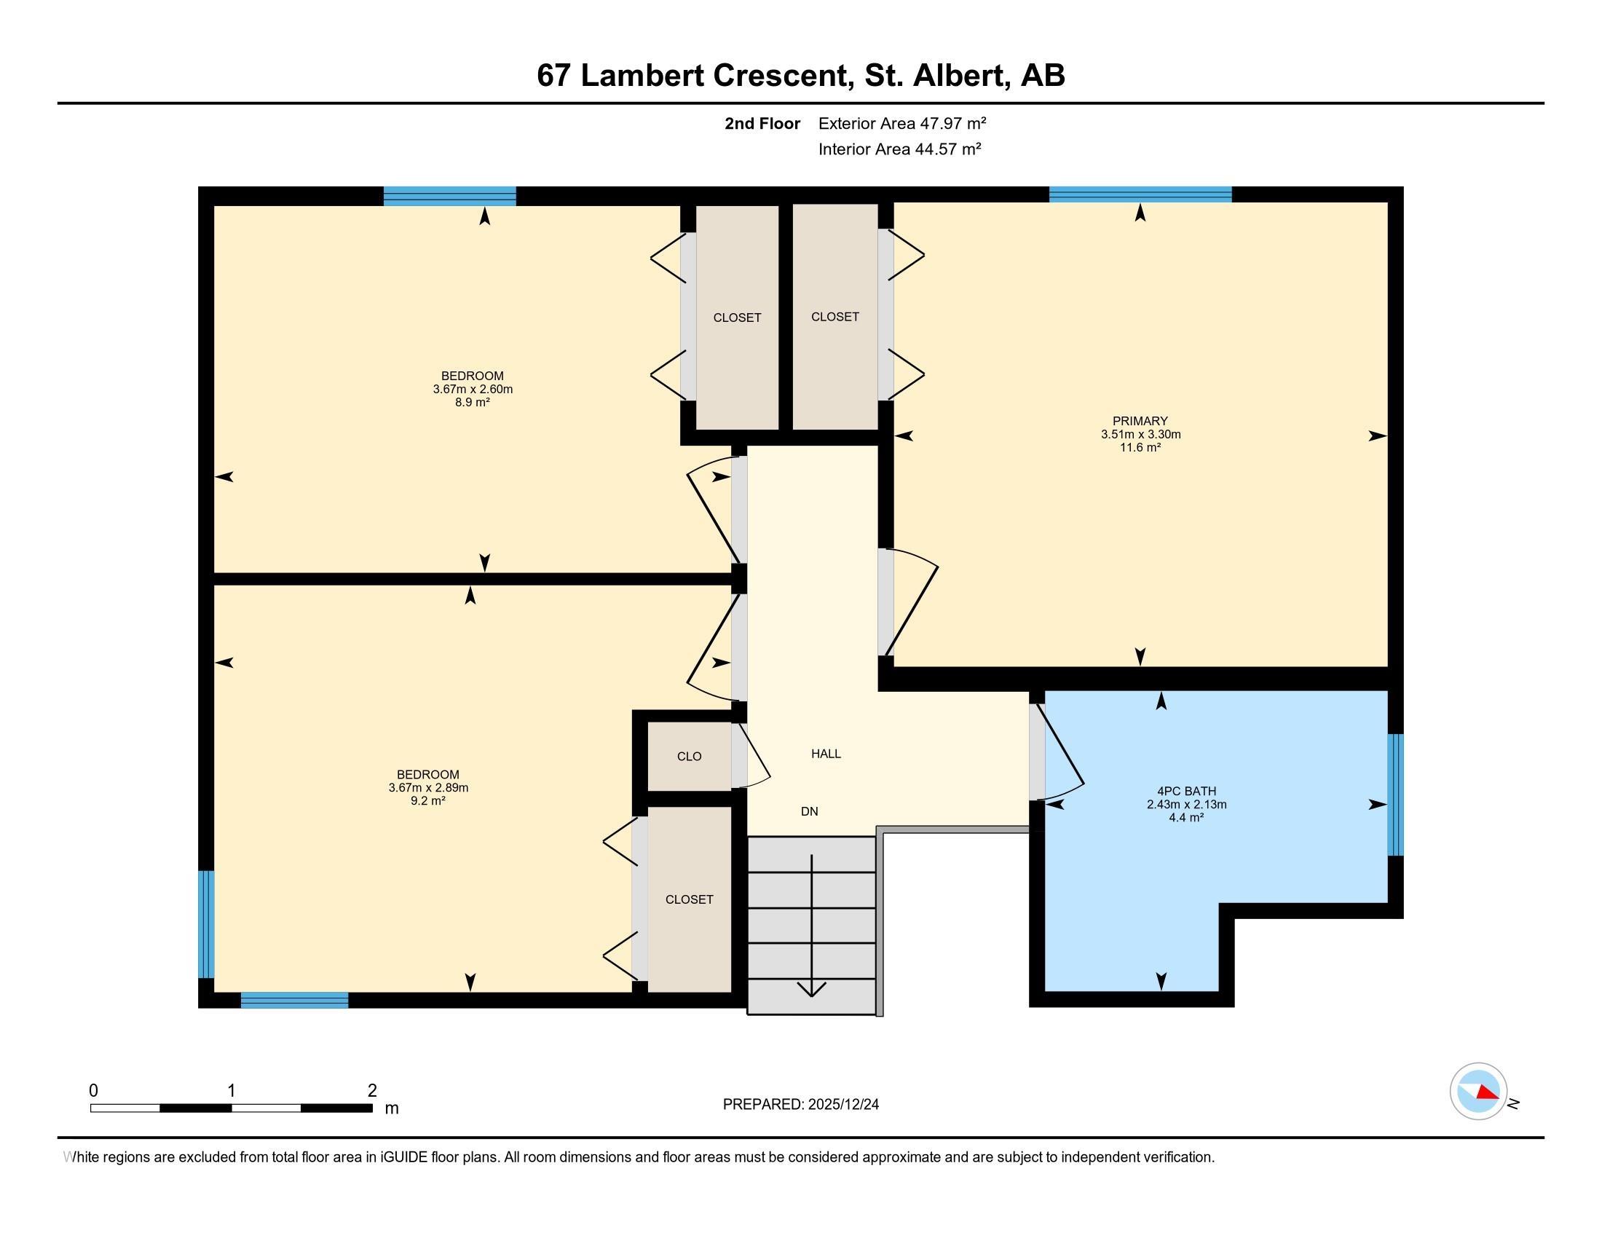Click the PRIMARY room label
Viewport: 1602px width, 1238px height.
[x=1140, y=421]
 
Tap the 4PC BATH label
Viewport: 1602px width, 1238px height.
[x=1186, y=792]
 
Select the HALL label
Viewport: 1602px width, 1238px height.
[x=826, y=753]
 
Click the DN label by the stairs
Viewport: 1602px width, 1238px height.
[x=809, y=811]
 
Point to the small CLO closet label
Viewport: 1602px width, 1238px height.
[x=690, y=756]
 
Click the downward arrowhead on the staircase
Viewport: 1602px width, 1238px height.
[x=811, y=990]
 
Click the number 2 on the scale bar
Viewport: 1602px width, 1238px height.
[x=373, y=1091]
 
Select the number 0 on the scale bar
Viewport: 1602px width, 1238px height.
[x=93, y=1091]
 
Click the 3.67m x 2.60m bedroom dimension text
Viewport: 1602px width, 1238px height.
[x=473, y=390]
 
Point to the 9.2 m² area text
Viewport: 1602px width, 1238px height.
[x=427, y=801]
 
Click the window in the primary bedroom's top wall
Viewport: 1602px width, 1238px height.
[x=1140, y=194]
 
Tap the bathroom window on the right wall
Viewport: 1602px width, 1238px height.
[x=1395, y=795]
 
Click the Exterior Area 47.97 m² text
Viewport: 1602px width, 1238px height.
[x=902, y=123]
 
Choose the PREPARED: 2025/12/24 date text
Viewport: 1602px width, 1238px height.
[x=801, y=1104]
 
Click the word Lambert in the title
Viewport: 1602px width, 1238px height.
[x=642, y=76]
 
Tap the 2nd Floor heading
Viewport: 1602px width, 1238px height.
[x=762, y=123]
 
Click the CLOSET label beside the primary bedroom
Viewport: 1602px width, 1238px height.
[x=834, y=316]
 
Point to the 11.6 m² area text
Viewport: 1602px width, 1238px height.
[x=1140, y=447]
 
